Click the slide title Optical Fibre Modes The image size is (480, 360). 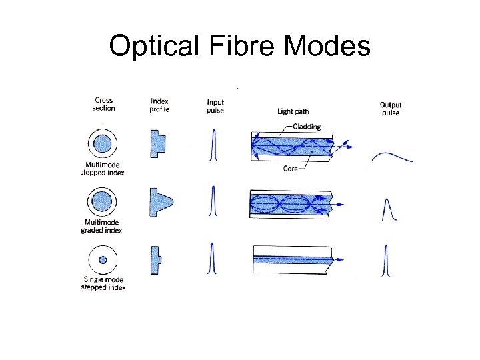click(239, 46)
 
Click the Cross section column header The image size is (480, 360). click(103, 105)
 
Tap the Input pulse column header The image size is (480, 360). click(215, 105)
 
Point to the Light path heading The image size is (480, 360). click(293, 111)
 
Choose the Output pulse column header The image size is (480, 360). click(391, 109)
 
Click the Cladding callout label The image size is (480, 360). click(307, 127)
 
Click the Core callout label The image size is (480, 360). click(291, 169)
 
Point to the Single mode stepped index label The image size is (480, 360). click(103, 284)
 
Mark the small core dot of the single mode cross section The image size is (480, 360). click(103, 259)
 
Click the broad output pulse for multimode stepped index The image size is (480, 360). click(392, 157)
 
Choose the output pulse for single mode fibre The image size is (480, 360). click(385, 261)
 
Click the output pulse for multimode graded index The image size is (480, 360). click(389, 209)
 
